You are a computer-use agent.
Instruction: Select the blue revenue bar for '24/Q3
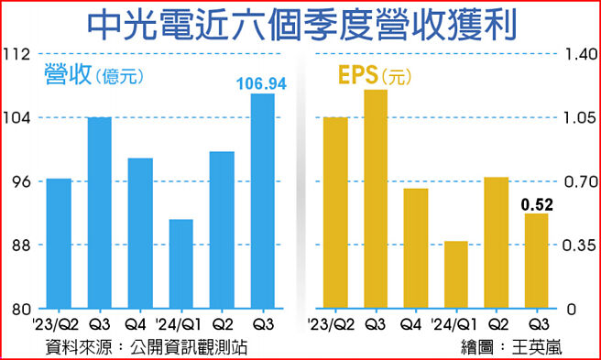262,202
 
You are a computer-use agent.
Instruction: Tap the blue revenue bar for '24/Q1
180,264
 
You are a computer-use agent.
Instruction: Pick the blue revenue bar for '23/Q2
59,244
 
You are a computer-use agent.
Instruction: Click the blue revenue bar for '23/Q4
140,234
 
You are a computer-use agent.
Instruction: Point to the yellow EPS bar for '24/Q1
455,275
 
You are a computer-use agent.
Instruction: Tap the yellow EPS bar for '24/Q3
536,261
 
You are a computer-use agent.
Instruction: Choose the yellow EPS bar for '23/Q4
415,248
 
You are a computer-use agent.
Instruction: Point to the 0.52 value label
536,204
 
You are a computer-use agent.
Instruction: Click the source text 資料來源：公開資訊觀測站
147,346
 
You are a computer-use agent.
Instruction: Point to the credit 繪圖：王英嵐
513,346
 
